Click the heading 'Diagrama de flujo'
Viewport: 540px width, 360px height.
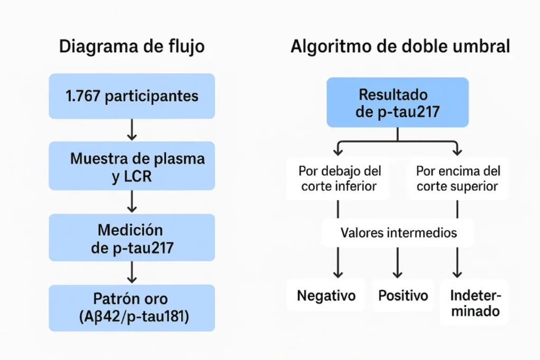point(132,46)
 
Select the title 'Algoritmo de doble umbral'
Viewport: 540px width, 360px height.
point(400,46)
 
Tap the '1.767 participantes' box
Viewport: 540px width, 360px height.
point(132,96)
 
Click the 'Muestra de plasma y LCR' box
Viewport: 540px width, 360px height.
point(132,166)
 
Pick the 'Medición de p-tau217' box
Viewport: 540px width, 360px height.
point(132,238)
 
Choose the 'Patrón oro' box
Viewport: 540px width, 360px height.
point(132,308)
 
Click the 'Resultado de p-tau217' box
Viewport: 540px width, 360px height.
point(398,103)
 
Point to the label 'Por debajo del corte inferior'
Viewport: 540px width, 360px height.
point(339,179)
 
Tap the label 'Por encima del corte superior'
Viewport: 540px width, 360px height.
point(458,179)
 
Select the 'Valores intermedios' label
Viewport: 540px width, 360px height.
point(399,233)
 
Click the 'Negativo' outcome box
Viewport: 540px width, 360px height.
point(326,296)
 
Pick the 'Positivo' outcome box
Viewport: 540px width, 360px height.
point(403,296)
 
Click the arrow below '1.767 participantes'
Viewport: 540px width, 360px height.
point(132,130)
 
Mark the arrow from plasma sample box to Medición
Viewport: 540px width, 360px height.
point(132,202)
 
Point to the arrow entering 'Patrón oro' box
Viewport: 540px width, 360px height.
point(132,273)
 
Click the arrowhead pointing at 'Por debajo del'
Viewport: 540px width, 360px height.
point(338,151)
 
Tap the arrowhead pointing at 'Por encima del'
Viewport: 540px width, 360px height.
point(457,151)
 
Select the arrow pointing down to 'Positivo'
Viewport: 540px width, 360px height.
point(398,262)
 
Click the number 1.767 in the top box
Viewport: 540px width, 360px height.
point(83,96)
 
